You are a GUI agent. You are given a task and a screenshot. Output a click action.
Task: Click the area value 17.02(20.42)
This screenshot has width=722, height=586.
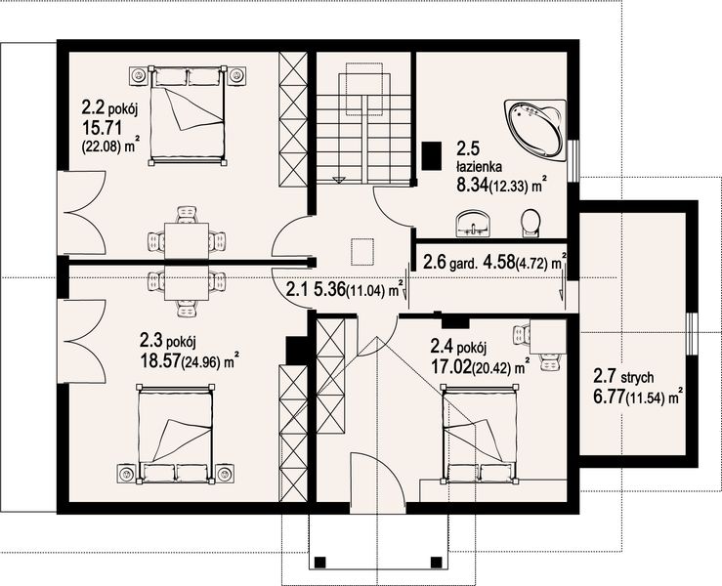tap(479, 368)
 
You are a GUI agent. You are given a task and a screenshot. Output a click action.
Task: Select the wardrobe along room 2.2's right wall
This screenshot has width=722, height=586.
tap(293, 122)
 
